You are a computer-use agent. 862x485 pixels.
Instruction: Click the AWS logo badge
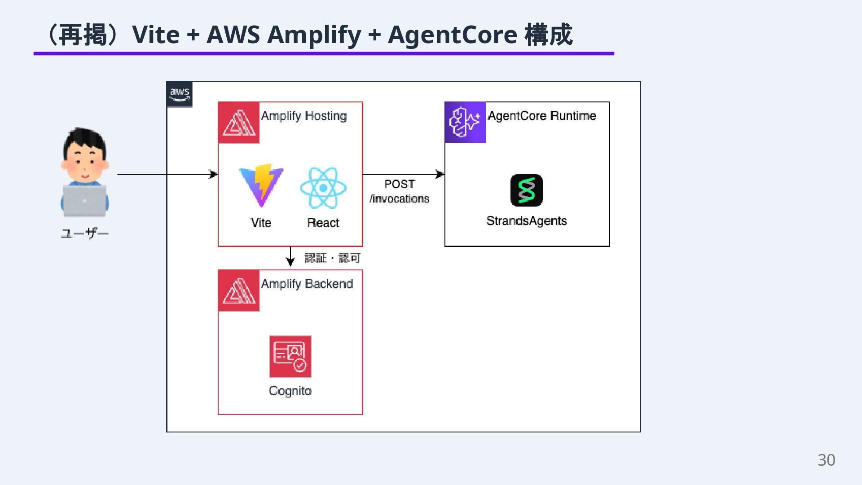pos(180,94)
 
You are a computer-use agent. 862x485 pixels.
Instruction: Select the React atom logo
pos(323,188)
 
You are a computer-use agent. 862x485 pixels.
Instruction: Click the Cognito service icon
pos(290,357)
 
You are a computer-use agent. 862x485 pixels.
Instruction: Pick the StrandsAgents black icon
pos(527,190)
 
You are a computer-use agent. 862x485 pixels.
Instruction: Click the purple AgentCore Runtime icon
pos(465,122)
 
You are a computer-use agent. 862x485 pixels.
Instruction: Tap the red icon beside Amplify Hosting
pos(239,123)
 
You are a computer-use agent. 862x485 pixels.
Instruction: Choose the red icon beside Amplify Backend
pos(239,291)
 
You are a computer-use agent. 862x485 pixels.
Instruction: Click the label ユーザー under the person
pos(85,234)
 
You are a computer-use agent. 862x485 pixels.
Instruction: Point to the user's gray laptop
pos(85,200)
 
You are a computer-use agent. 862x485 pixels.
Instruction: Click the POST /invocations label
pos(400,191)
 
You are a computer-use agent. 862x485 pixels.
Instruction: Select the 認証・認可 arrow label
pos(333,258)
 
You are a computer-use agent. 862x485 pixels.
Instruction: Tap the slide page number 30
pos(826,460)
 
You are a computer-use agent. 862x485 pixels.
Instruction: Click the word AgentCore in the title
pos(453,35)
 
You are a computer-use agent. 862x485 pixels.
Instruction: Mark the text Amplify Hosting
pos(304,116)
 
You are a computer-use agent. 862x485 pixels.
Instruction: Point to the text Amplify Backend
pos(307,284)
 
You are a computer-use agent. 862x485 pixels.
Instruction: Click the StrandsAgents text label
pos(527,221)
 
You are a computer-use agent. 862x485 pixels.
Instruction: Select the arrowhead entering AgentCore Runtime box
pos(440,174)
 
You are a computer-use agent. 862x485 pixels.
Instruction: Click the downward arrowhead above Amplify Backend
pos(290,262)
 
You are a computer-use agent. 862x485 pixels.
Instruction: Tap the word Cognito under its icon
pos(290,391)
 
